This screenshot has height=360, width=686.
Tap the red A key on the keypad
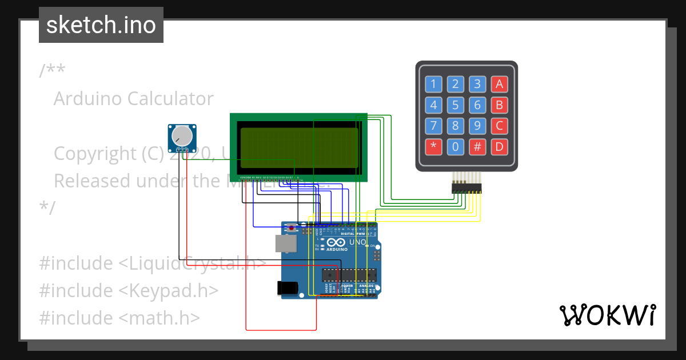(x=499, y=85)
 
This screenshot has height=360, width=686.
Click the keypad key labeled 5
(x=455, y=105)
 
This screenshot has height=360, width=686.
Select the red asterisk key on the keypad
(x=433, y=146)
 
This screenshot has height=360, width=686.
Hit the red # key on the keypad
(x=477, y=146)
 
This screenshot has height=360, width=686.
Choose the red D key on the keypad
(x=499, y=146)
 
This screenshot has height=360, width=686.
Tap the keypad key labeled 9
(x=477, y=126)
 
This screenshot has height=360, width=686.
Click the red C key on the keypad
(x=499, y=126)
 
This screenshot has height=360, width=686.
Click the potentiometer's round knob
(x=182, y=136)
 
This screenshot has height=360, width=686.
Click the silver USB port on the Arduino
(x=285, y=243)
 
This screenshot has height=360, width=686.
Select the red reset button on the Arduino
(x=292, y=229)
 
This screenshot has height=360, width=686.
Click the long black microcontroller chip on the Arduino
(x=349, y=275)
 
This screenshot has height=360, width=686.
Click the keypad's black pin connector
(x=466, y=187)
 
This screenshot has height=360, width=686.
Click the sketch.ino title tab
(x=101, y=25)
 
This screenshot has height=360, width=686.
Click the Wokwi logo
(x=607, y=315)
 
